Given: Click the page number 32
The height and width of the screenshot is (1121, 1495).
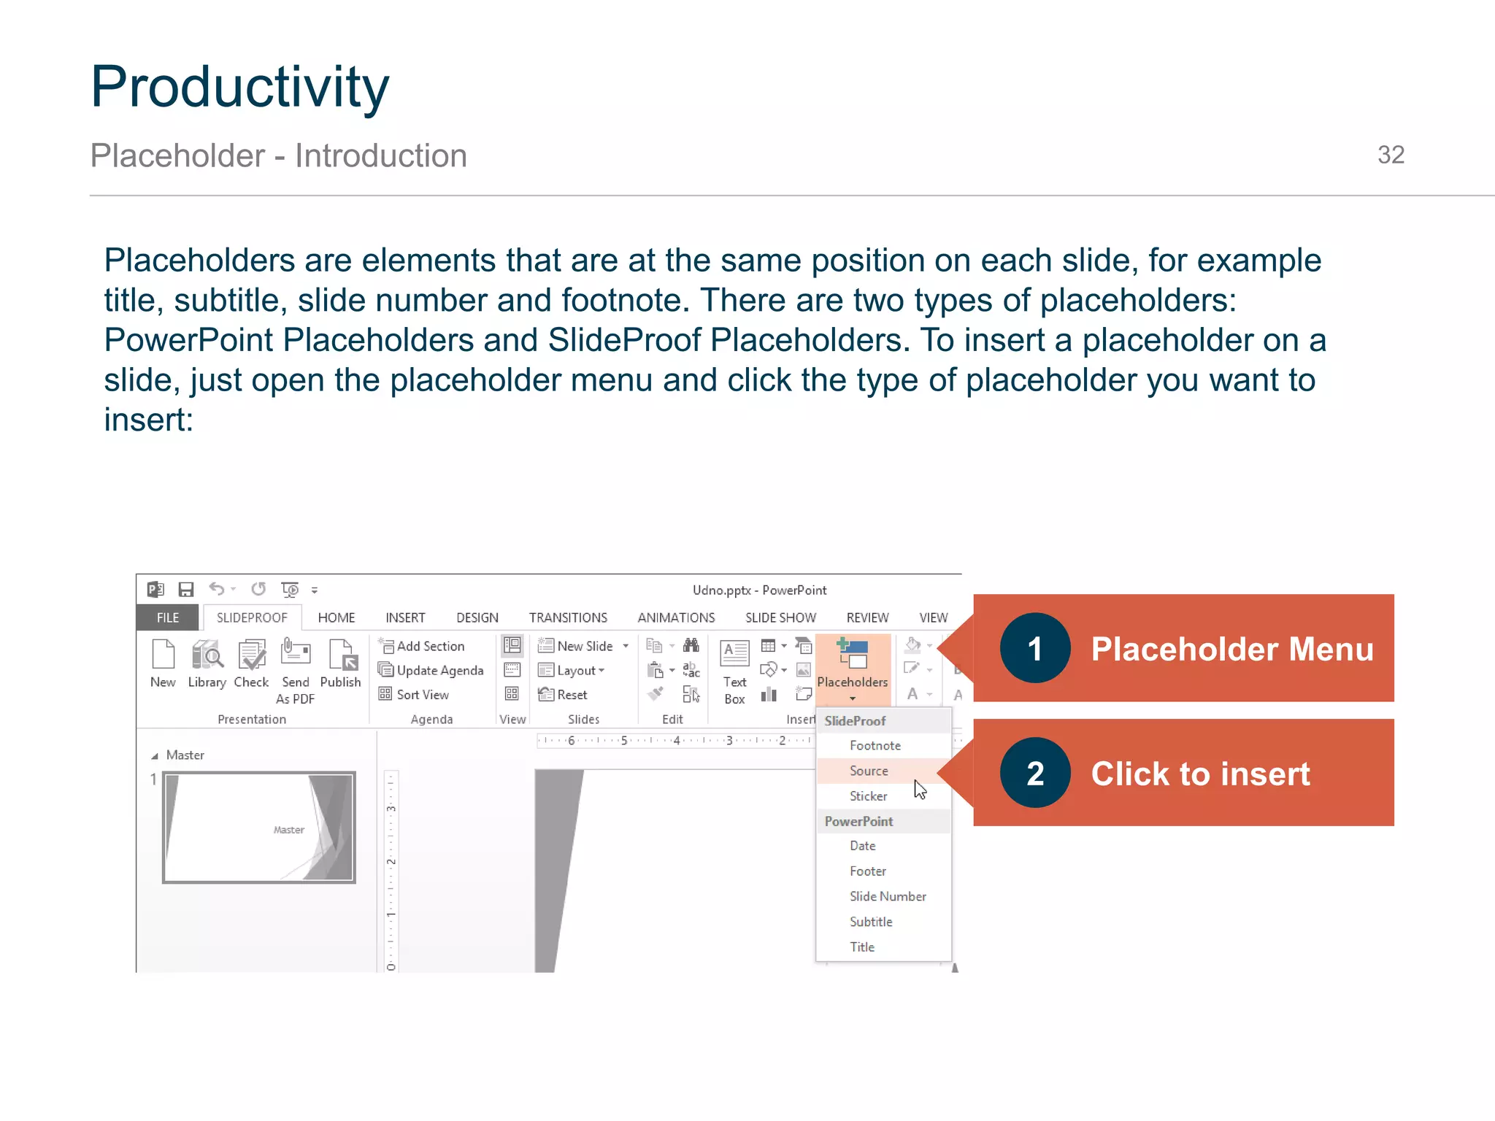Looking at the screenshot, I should click(x=1390, y=155).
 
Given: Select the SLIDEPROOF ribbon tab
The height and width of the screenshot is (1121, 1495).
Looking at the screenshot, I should click(x=252, y=617).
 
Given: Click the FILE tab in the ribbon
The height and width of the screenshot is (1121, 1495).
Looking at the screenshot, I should click(x=167, y=617).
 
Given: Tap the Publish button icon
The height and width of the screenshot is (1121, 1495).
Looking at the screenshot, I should click(x=341, y=655).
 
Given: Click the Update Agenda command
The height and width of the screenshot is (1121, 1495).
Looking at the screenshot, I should click(x=431, y=670).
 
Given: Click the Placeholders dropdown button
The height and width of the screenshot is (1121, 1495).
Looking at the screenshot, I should click(x=853, y=667).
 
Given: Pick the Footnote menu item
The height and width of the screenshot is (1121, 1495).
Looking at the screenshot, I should click(x=875, y=745).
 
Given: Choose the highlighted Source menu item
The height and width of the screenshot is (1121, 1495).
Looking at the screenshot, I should click(x=869, y=771).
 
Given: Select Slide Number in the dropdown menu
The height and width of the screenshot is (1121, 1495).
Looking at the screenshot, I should click(x=887, y=896).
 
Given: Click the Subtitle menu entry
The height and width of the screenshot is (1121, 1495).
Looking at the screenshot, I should click(x=871, y=922).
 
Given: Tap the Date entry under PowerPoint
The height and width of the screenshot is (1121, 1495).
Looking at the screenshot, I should click(x=862, y=846).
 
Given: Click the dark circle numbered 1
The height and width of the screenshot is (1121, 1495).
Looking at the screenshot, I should click(x=1034, y=648).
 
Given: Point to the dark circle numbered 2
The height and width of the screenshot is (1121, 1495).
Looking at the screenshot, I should click(x=1034, y=773).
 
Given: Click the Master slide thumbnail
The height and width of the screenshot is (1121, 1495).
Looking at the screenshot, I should click(x=259, y=827).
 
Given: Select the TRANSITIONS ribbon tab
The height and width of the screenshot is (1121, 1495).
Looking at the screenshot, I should click(x=568, y=617).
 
